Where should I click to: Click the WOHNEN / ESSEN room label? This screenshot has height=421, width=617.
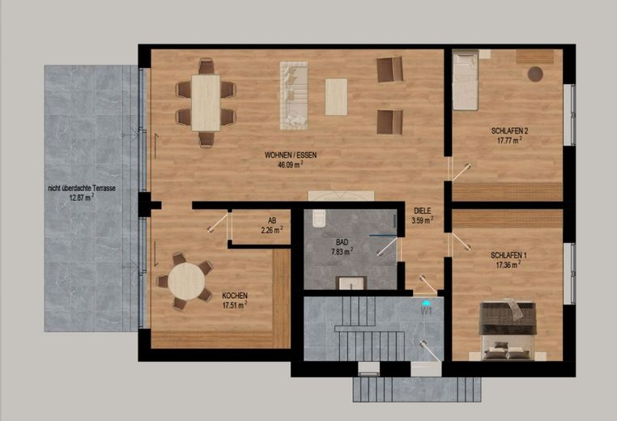[291, 155]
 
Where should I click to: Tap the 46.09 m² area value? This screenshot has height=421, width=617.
[291, 165]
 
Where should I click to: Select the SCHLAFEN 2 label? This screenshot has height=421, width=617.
[509, 131]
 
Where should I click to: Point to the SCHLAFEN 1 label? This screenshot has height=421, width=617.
[508, 256]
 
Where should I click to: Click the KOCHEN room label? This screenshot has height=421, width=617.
[235, 296]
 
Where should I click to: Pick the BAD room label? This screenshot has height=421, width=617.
[342, 242]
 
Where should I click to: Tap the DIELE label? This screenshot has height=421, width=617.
[423, 211]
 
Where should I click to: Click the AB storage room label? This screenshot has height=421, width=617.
[272, 220]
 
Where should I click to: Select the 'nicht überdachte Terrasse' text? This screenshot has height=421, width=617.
[82, 189]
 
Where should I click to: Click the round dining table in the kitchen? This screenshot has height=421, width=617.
[186, 281]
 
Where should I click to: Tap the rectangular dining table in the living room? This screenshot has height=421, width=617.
[206, 103]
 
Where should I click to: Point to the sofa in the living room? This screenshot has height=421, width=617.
[294, 96]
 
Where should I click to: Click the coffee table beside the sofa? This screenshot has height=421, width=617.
[337, 97]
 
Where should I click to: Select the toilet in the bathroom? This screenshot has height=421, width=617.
[318, 219]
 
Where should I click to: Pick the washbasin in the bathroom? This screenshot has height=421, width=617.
[351, 283]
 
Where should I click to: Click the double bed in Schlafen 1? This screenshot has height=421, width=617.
[508, 330]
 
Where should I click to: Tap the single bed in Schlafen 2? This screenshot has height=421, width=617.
[466, 81]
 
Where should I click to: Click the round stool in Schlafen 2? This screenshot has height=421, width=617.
[535, 74]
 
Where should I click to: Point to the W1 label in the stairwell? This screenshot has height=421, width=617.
[427, 311]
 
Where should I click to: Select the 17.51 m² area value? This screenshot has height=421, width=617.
[235, 305]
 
